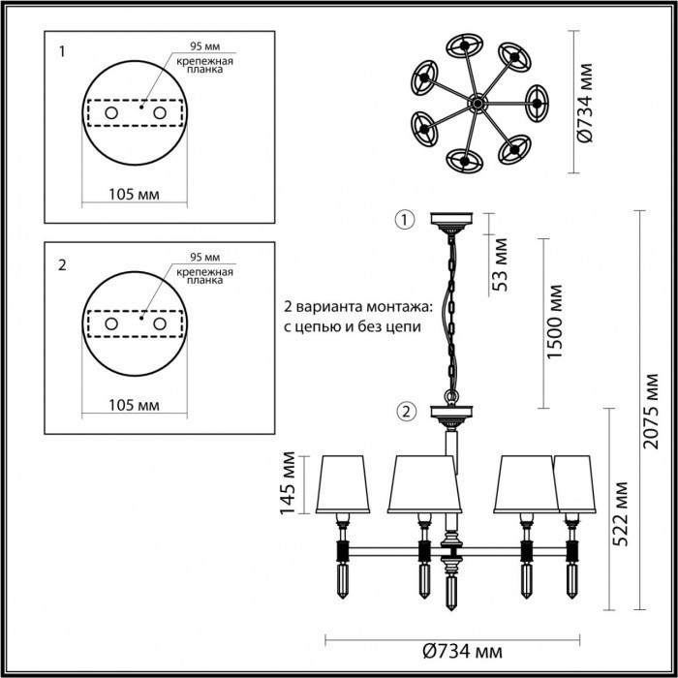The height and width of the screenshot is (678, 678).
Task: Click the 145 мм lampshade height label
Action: [288, 483]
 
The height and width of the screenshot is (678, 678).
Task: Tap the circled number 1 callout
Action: [403, 219]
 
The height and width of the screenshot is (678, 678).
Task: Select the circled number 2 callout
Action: [405, 412]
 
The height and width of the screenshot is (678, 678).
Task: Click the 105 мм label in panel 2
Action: [133, 403]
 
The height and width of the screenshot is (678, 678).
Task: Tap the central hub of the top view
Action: [477, 102]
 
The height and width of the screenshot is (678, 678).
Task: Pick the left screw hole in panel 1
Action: [112, 114]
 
